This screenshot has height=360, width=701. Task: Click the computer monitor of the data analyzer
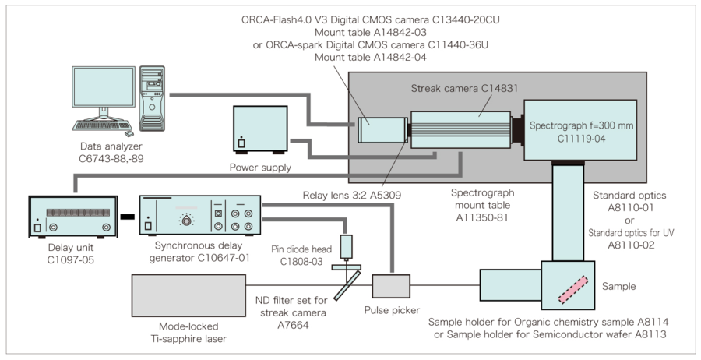pyautogui.click(x=101, y=92)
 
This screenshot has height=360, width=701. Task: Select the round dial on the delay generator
pyautogui.click(x=186, y=221)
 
